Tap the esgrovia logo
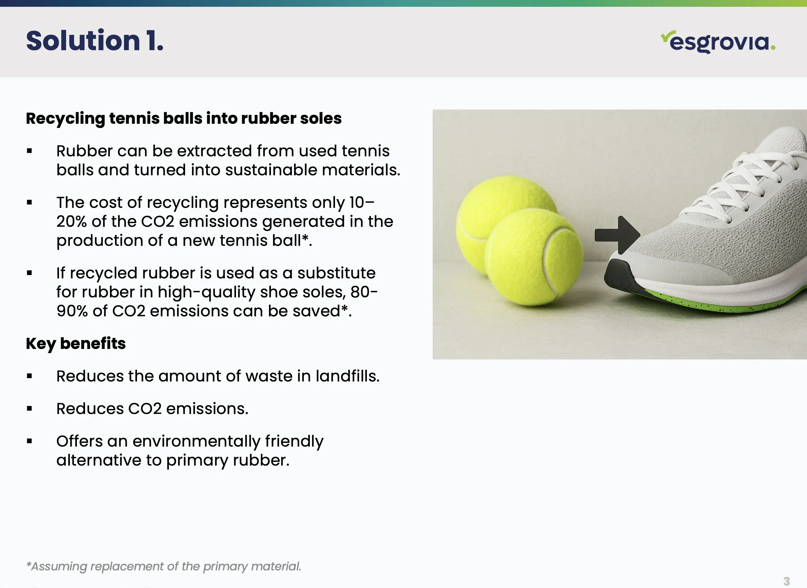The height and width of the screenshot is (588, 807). tap(718, 42)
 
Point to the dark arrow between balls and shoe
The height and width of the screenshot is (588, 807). tap(617, 235)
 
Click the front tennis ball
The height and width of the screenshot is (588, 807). tap(534, 257)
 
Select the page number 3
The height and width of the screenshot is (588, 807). tap(786, 581)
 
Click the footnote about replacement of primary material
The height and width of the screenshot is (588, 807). tap(164, 566)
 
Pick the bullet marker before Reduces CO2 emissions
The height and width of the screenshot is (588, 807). tap(29, 409)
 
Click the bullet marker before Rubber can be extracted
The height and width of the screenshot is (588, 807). tap(29, 151)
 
